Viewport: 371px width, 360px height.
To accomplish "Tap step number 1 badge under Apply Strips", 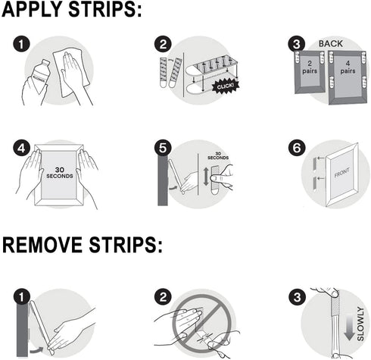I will click(x=22, y=43).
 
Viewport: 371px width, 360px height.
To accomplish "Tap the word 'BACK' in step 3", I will click(x=330, y=43).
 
